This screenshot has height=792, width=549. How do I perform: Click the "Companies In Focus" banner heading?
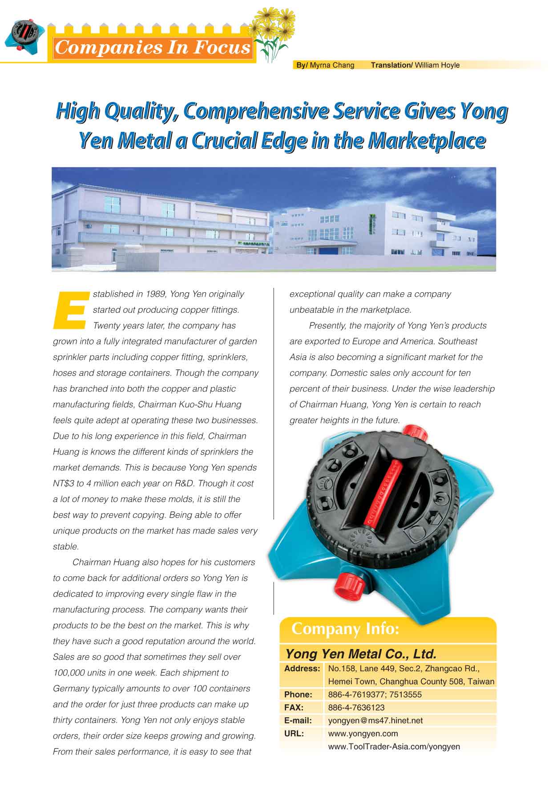click(x=153, y=47)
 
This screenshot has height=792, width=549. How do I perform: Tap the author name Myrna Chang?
click(x=332, y=65)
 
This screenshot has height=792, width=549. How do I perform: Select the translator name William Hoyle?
click(x=437, y=65)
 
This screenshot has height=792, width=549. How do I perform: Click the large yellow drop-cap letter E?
click(x=70, y=310)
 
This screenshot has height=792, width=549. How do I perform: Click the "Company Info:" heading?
click(x=345, y=629)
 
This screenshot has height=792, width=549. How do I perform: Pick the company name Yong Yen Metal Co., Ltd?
click(x=360, y=654)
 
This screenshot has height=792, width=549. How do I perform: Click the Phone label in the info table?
click(x=298, y=694)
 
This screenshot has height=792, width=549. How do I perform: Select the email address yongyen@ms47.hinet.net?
click(x=375, y=720)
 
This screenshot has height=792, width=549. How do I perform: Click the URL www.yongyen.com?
click(x=363, y=733)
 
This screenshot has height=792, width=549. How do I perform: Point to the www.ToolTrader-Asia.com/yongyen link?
click(x=394, y=747)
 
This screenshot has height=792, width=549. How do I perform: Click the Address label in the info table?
click(x=302, y=669)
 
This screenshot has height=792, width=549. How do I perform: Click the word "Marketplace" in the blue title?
click(x=427, y=141)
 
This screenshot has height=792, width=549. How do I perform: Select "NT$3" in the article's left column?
click(x=64, y=483)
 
